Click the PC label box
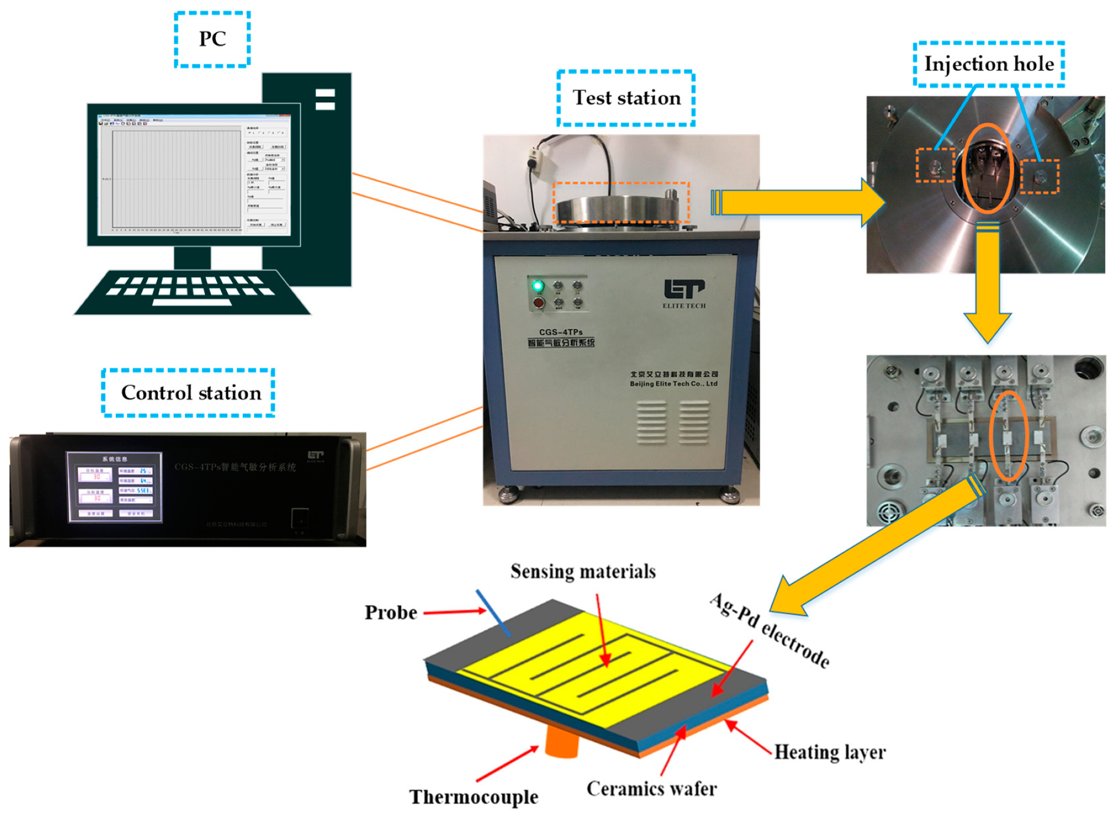click(x=212, y=39)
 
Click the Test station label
click(x=626, y=97)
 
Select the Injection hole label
click(x=988, y=64)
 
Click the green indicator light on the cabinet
click(x=538, y=286)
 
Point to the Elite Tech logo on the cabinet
click(x=683, y=291)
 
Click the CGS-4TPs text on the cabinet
click(x=561, y=332)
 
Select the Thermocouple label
click(x=474, y=797)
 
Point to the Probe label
click(x=390, y=612)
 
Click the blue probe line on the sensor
click(x=494, y=613)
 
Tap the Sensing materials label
click(x=583, y=571)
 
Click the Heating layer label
click(x=829, y=752)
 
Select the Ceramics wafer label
click(x=652, y=788)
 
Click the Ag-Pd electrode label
click(x=770, y=631)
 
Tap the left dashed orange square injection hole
click(x=935, y=165)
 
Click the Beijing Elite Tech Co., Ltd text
click(x=673, y=384)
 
